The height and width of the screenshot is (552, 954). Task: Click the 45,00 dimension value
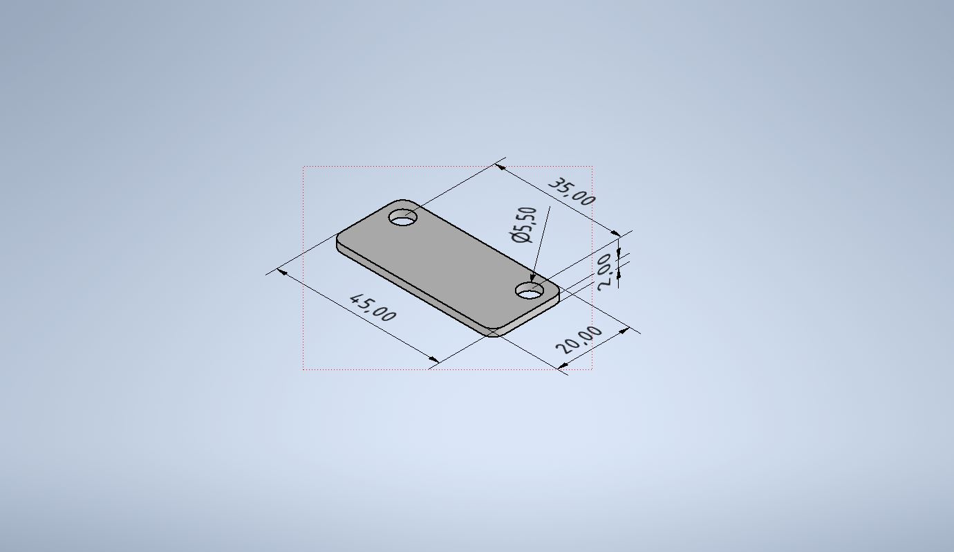click(373, 307)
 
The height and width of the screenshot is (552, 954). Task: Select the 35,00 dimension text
click(572, 192)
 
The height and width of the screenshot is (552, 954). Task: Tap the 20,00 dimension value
click(579, 340)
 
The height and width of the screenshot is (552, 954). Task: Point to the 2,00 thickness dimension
click(606, 272)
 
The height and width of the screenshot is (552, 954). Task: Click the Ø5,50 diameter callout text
click(523, 225)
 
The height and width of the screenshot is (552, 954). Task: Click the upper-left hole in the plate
click(402, 217)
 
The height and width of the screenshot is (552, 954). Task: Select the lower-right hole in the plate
click(530, 291)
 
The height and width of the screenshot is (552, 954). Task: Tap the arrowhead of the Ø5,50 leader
click(532, 277)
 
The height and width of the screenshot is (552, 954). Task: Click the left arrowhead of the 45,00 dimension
click(282, 272)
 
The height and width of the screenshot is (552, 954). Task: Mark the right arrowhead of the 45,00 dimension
click(433, 359)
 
